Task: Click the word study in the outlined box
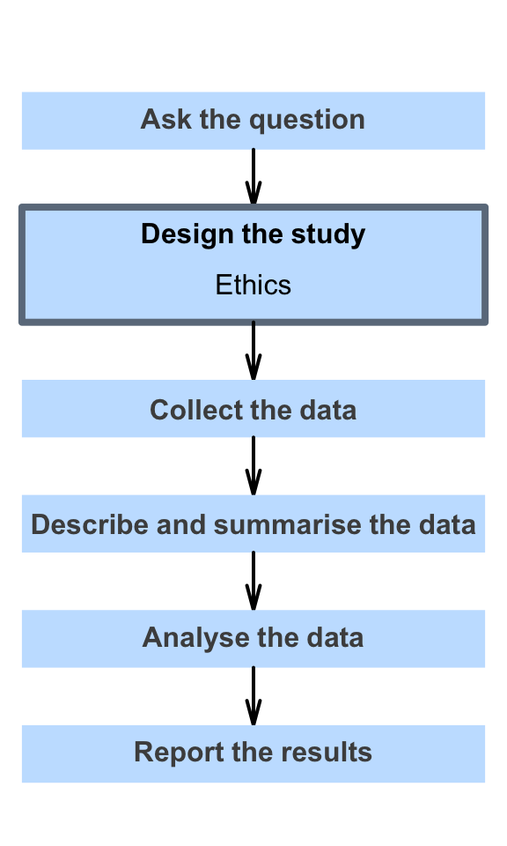[328, 235]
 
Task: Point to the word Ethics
[253, 285]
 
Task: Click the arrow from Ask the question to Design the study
[253, 177]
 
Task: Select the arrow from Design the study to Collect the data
[253, 352]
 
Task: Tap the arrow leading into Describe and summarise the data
[253, 466]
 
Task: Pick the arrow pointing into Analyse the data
[253, 581]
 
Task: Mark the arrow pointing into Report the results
[253, 696]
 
